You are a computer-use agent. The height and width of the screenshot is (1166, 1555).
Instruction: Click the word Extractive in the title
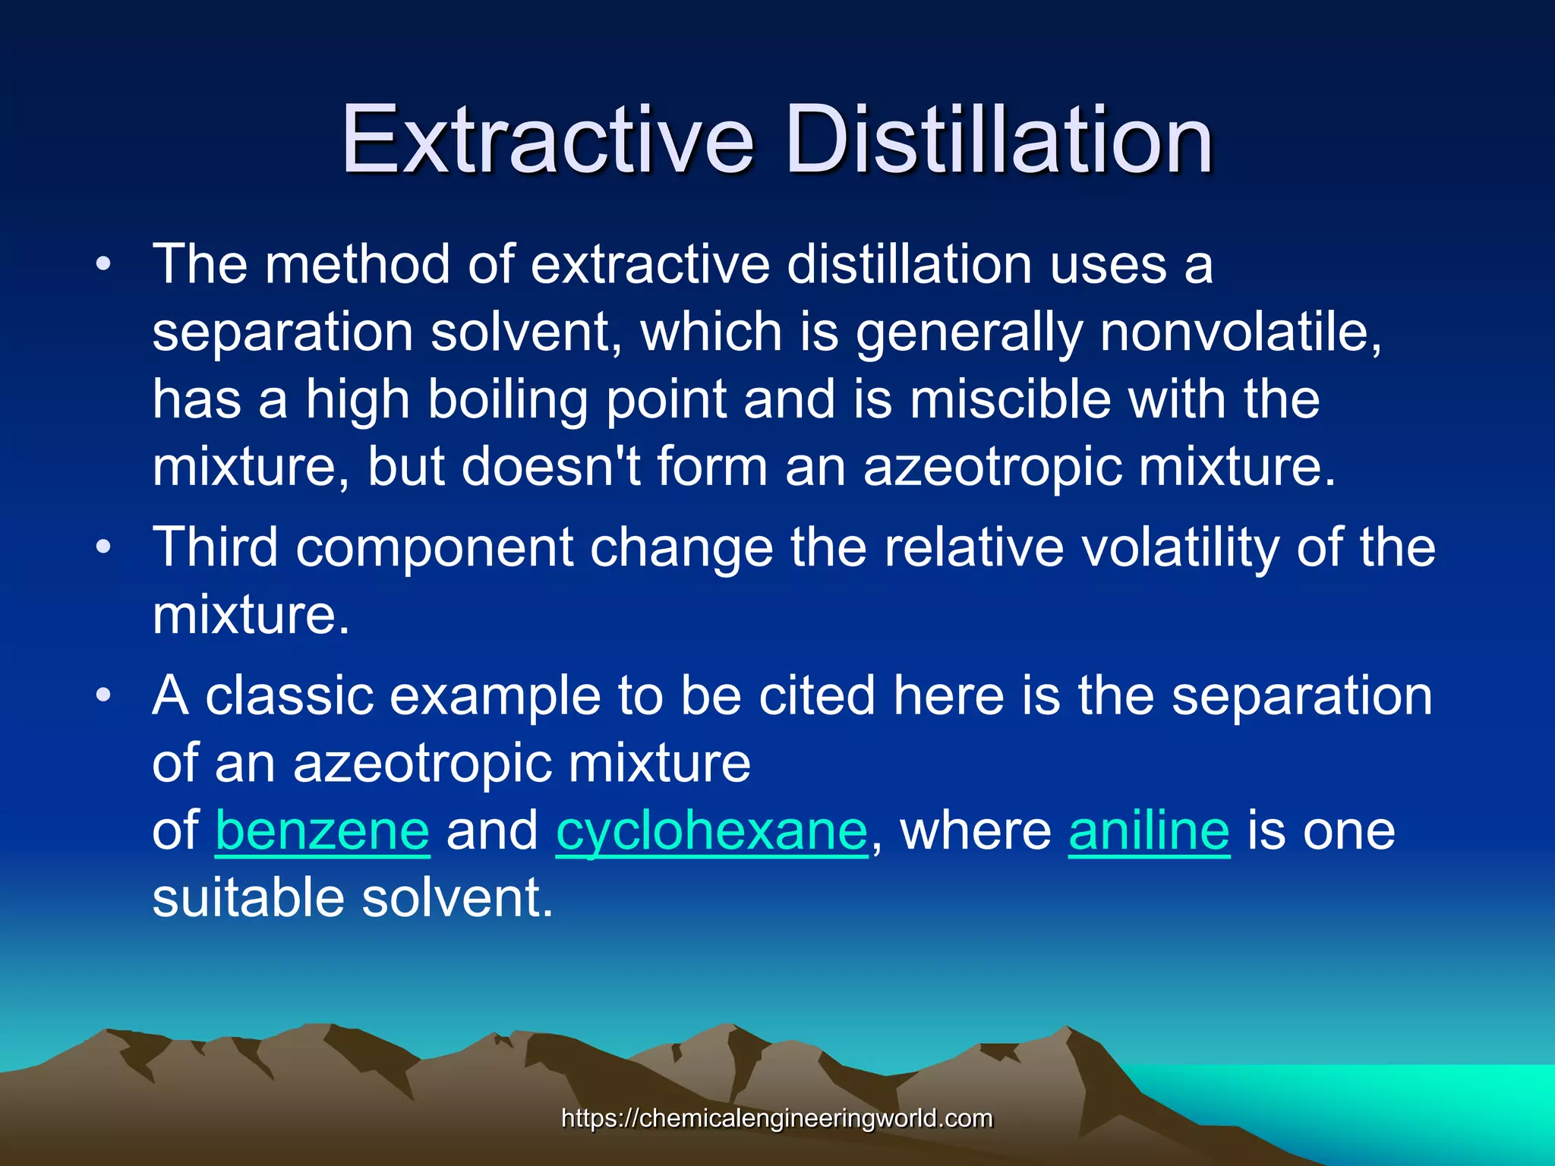547,140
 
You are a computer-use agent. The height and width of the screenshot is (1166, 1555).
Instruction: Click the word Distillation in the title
999,140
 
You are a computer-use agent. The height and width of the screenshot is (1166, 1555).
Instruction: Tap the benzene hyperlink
323,831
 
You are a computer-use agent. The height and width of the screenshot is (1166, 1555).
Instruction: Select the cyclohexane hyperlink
711,831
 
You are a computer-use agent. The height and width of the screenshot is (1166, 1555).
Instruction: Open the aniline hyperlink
1149,831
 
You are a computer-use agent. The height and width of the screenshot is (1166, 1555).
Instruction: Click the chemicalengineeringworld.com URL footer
777,1118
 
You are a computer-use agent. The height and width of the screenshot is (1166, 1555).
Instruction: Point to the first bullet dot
104,266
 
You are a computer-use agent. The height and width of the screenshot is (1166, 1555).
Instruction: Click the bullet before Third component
104,547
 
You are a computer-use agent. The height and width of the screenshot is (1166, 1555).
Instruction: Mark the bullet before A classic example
104,695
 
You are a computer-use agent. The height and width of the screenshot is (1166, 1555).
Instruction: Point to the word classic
289,695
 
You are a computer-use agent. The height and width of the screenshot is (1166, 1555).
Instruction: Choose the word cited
817,695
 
